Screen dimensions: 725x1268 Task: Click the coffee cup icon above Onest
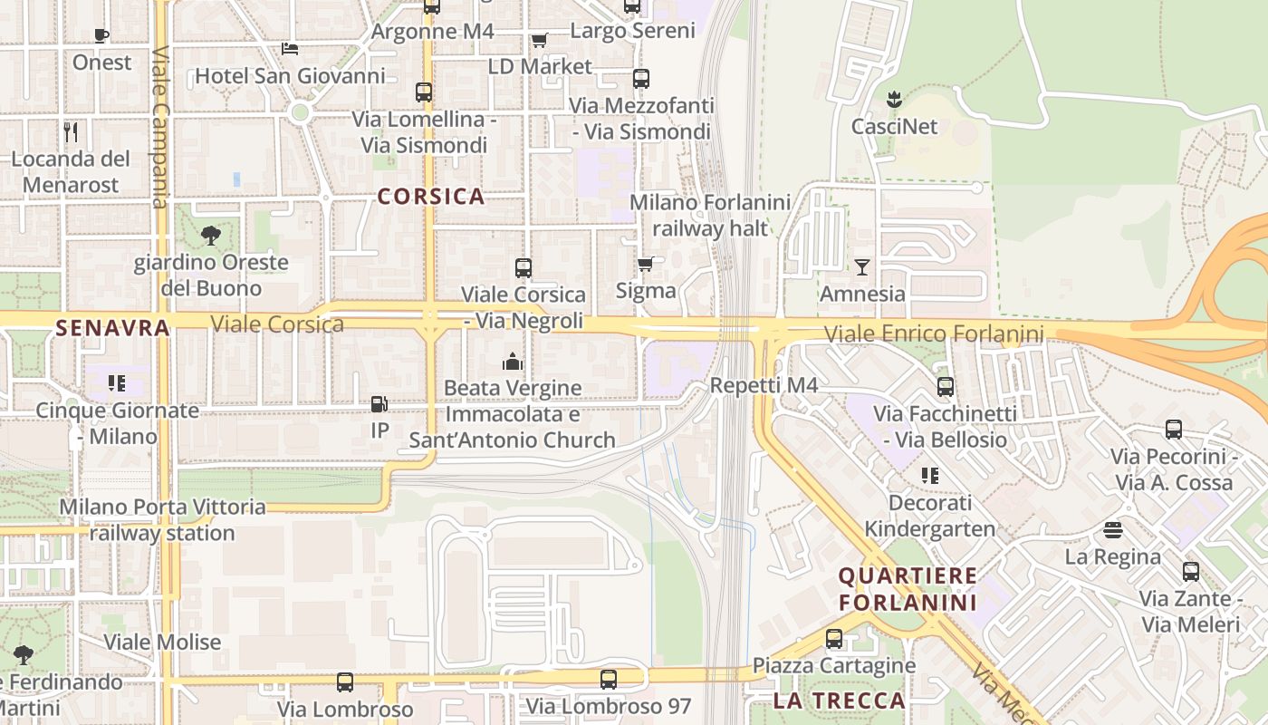click(x=101, y=36)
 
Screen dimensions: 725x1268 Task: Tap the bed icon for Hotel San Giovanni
click(x=290, y=48)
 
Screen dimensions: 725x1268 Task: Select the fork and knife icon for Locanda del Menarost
click(x=72, y=131)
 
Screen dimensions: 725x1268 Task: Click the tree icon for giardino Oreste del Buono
click(x=210, y=237)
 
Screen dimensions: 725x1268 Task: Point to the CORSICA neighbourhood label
click(x=431, y=197)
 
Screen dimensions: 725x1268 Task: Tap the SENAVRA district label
click(x=112, y=328)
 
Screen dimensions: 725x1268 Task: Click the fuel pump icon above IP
click(x=379, y=404)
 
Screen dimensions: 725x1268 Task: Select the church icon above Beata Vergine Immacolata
click(x=513, y=362)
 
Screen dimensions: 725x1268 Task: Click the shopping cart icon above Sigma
click(x=646, y=264)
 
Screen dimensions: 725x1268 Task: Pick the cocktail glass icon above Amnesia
click(x=861, y=267)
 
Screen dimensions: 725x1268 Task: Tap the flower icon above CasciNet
click(x=894, y=99)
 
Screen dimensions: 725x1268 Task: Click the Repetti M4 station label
click(x=764, y=386)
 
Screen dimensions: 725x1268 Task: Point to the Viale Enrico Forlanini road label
click(x=934, y=334)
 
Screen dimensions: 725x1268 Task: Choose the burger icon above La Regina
click(x=1113, y=530)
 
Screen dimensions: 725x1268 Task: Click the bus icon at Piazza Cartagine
click(x=834, y=639)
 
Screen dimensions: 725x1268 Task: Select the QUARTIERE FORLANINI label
click(x=908, y=589)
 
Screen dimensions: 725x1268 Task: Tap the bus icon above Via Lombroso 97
click(x=609, y=679)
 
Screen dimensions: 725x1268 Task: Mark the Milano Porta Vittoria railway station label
click(x=163, y=519)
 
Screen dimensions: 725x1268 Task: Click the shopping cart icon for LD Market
click(x=540, y=40)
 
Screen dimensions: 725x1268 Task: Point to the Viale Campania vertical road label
click(x=160, y=127)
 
